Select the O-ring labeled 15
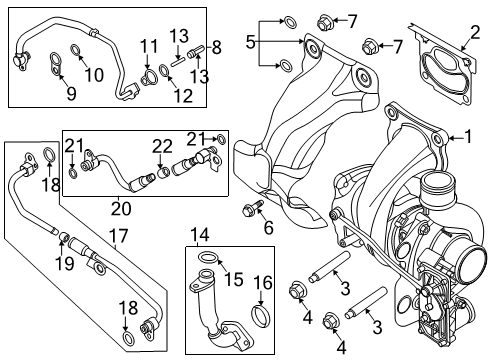pyautogui.click(x=205, y=260)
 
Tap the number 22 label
pyautogui.click(x=162, y=147)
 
